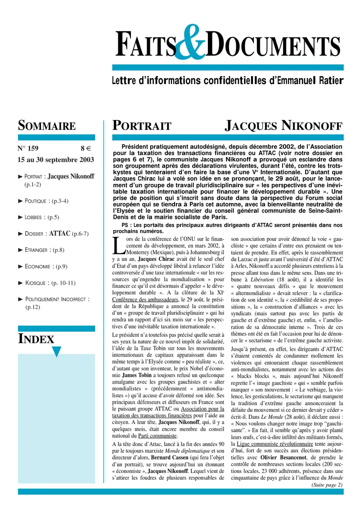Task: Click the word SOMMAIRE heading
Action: pos(46,125)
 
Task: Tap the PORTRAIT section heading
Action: pos(142,125)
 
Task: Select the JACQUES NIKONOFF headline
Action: pos(283,125)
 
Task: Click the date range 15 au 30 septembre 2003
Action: pos(56,159)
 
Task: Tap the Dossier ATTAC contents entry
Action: pos(56,233)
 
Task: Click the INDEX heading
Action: pos(36,339)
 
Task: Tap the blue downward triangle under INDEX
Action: pos(56,352)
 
